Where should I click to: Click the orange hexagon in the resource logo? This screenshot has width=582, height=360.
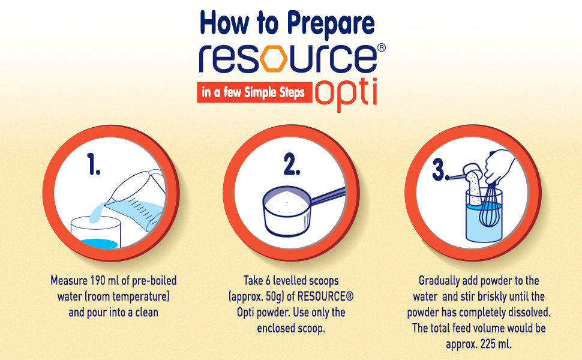tap(274, 58)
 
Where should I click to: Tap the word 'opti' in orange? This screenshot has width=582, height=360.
tap(346, 94)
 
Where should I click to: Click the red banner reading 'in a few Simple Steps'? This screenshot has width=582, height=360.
tap(254, 92)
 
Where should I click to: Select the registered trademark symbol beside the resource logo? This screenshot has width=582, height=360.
tap(381, 47)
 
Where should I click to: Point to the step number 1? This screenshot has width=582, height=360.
tap(94, 164)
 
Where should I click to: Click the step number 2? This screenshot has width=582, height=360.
tap(292, 165)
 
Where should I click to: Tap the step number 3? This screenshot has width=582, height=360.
tap(440, 171)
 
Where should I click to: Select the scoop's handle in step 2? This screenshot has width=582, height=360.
tap(328, 196)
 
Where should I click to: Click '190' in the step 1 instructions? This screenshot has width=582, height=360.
tap(98, 281)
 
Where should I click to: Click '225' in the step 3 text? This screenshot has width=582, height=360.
tap(488, 344)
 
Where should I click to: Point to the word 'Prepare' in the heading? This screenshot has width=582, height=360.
tap(331, 23)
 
